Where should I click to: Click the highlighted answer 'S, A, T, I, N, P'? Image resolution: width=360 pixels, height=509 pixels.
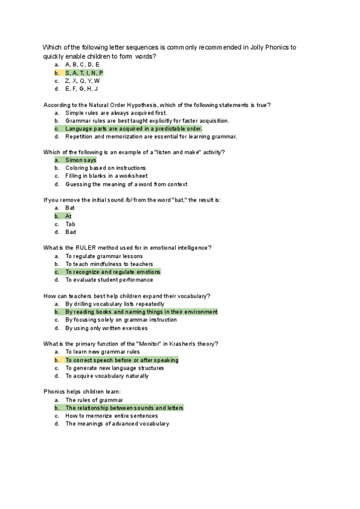click(x=84, y=73)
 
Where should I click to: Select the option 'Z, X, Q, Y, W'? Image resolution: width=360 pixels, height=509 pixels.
click(x=82, y=80)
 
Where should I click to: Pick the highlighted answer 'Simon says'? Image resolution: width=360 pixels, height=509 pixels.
click(x=80, y=160)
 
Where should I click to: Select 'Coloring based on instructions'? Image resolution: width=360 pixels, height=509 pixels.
click(x=106, y=168)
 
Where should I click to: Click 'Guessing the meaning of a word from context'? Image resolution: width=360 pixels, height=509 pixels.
click(x=126, y=184)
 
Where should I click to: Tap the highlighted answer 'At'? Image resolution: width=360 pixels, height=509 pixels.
click(x=68, y=216)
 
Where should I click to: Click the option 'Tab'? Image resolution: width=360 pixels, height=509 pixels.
click(x=70, y=224)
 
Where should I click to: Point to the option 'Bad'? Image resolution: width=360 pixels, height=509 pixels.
click(x=70, y=232)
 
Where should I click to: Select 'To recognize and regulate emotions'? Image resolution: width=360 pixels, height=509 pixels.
click(x=113, y=272)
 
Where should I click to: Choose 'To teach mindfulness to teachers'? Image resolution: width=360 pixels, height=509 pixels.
click(x=109, y=264)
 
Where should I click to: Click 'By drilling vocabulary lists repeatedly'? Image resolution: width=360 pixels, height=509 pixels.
click(x=115, y=304)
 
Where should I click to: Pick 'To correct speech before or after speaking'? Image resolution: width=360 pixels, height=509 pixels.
click(x=122, y=360)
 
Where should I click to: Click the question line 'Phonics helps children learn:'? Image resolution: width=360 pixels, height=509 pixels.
click(x=82, y=392)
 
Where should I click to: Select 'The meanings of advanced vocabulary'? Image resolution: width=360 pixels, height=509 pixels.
click(x=117, y=424)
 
